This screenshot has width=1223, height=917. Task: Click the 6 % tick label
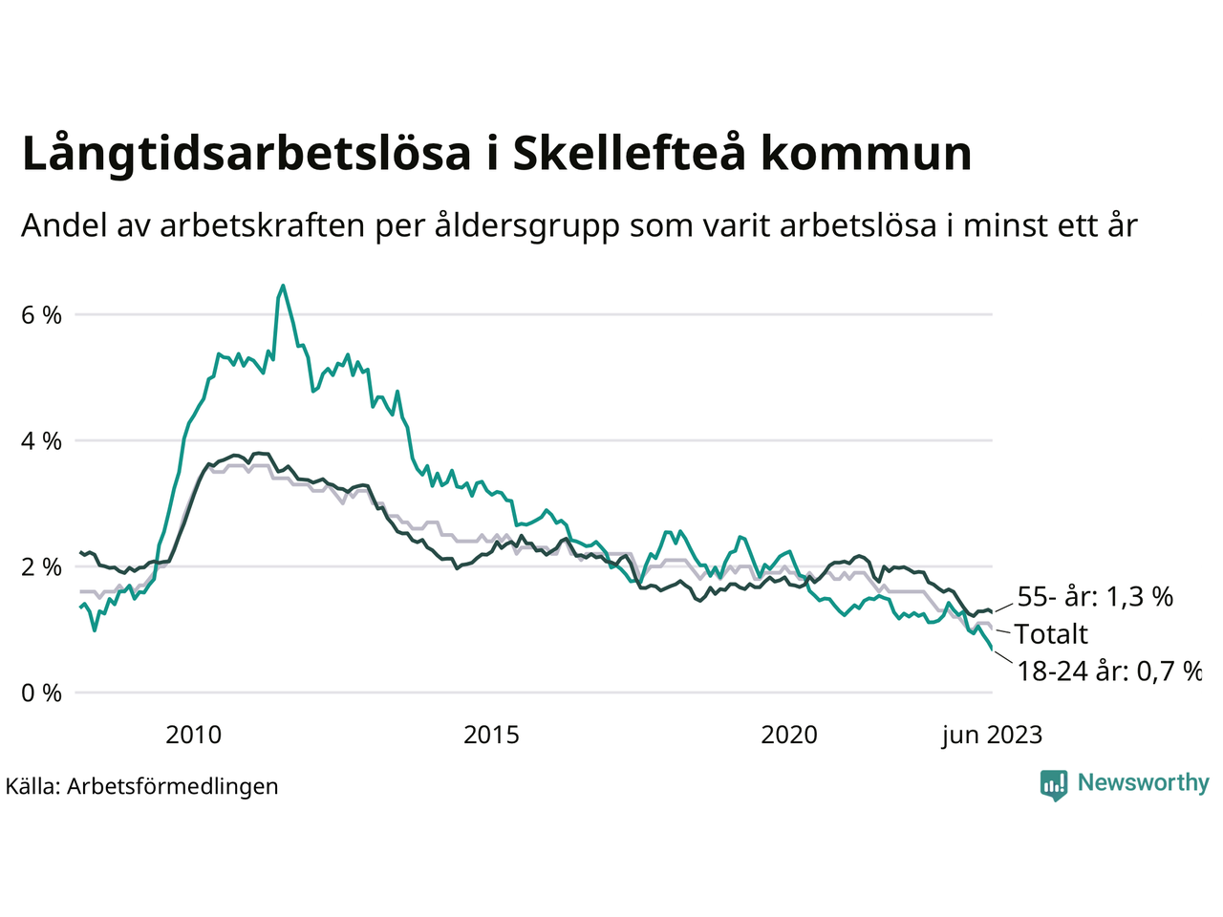(41, 315)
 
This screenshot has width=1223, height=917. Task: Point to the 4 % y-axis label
(41, 441)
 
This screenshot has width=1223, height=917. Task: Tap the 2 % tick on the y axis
(41, 567)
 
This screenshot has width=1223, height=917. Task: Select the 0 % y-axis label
(41, 693)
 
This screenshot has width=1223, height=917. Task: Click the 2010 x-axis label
(193, 735)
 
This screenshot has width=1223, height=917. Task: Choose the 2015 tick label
(491, 735)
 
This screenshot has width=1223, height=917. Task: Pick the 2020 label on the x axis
(789, 735)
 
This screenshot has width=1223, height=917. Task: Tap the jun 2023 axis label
(992, 735)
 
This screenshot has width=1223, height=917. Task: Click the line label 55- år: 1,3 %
(1095, 597)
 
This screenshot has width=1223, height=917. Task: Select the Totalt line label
(1051, 634)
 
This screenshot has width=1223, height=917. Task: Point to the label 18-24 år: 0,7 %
(1108, 671)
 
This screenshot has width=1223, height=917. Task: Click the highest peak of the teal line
(283, 286)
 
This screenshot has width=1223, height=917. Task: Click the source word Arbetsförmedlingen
(173, 786)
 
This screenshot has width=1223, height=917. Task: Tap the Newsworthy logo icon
(1054, 784)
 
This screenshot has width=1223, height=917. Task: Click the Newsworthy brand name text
(1143, 783)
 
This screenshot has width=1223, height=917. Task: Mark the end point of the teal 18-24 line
(992, 650)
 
